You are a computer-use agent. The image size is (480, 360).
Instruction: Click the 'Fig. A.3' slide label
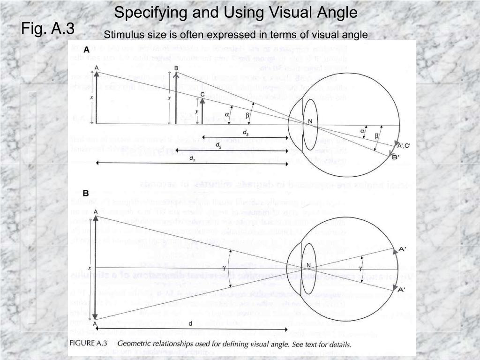47,29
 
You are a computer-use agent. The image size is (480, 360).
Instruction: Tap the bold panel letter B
86,193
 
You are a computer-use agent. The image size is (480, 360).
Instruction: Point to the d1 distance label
192,158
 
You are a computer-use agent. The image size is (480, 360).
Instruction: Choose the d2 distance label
218,145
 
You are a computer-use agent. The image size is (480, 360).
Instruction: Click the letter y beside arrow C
196,111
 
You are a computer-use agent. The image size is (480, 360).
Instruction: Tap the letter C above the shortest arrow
202,94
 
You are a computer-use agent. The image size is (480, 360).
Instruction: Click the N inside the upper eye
310,120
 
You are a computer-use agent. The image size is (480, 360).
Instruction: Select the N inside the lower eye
309,265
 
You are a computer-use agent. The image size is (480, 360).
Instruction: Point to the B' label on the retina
396,157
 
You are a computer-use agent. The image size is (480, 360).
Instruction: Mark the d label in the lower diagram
190,323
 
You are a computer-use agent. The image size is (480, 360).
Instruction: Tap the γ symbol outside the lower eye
224,267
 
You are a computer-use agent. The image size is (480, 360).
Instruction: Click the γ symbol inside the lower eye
360,268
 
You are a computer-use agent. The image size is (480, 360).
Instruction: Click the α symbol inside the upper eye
362,131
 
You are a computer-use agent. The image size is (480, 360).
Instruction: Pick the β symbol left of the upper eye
247,115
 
